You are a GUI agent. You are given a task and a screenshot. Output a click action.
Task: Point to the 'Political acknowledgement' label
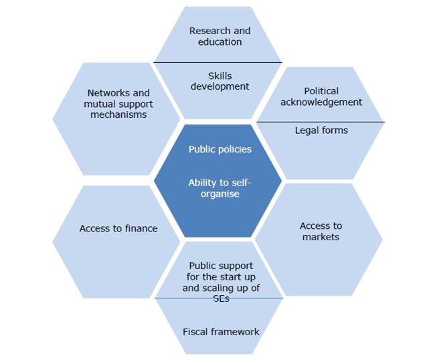(x=321, y=96)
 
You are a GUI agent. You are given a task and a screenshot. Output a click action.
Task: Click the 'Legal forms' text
(x=321, y=130)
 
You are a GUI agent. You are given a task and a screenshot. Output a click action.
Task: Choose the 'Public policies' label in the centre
(x=220, y=149)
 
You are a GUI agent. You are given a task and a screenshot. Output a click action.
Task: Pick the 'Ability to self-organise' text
(x=220, y=188)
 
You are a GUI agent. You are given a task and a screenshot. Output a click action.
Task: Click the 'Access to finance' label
(x=118, y=228)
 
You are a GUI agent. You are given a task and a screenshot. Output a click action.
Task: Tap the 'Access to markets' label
(x=321, y=232)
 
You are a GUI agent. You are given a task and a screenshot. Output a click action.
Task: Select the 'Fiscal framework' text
(x=221, y=331)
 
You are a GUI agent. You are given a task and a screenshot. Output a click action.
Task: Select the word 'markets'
(x=321, y=237)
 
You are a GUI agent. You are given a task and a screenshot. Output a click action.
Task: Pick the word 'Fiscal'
(x=195, y=331)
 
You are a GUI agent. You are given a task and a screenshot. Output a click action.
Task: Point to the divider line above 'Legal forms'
(x=321, y=122)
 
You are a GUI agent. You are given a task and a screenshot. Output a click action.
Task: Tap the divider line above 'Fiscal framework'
(x=220, y=298)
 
